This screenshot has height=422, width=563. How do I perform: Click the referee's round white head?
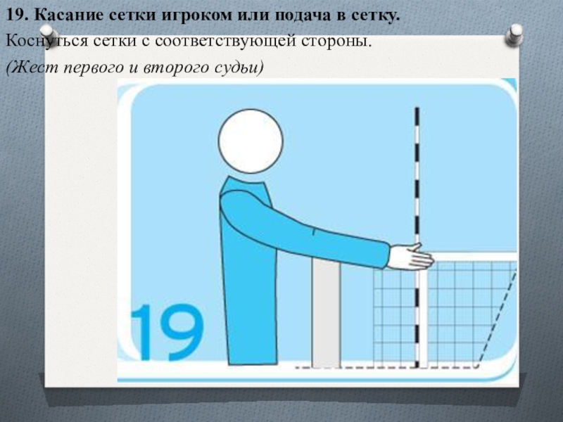pyautogui.click(x=251, y=141)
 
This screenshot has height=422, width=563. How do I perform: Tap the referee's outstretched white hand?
pyautogui.click(x=411, y=257)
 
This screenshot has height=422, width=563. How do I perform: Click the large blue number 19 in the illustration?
pyautogui.click(x=167, y=332)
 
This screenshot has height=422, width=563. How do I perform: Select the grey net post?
pyautogui.click(x=326, y=313)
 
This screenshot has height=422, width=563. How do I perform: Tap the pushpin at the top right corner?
pyautogui.click(x=514, y=34)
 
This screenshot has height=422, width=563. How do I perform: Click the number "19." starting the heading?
pyautogui.click(x=18, y=15)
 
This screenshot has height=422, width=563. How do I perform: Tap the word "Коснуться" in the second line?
pyautogui.click(x=46, y=41)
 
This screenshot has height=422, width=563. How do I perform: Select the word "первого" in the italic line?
pyautogui.click(x=94, y=68)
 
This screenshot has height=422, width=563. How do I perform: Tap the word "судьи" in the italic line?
pyautogui.click(x=236, y=67)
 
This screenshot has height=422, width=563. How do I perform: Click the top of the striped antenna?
pyautogui.click(x=417, y=108)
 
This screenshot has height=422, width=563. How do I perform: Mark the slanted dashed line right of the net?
pyautogui.click(x=497, y=319)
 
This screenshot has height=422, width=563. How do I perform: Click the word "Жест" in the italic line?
pyautogui.click(x=34, y=68)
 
